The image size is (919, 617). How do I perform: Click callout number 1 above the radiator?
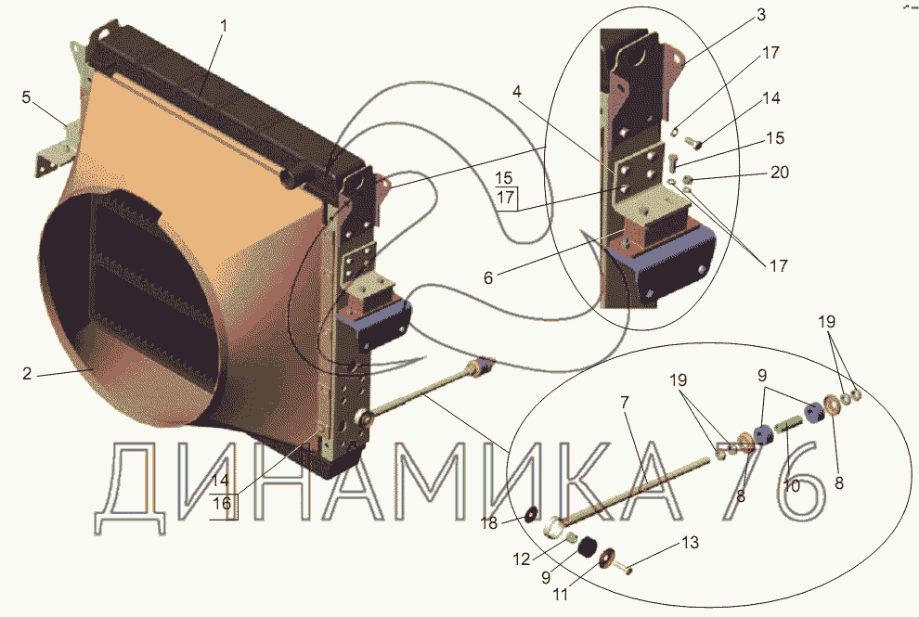(x=224, y=26)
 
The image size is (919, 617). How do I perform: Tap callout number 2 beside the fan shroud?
(x=27, y=373)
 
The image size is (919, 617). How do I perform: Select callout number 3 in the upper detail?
(x=761, y=15)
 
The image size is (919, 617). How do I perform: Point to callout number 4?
(x=516, y=92)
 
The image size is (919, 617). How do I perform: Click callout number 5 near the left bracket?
(x=26, y=96)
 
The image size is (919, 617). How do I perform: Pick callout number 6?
(x=488, y=277)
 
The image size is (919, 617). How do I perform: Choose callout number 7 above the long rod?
(x=625, y=403)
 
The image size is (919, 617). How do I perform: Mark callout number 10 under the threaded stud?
(x=791, y=486)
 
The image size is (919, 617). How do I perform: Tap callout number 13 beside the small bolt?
(x=691, y=543)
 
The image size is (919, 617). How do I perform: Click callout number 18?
(x=489, y=522)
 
